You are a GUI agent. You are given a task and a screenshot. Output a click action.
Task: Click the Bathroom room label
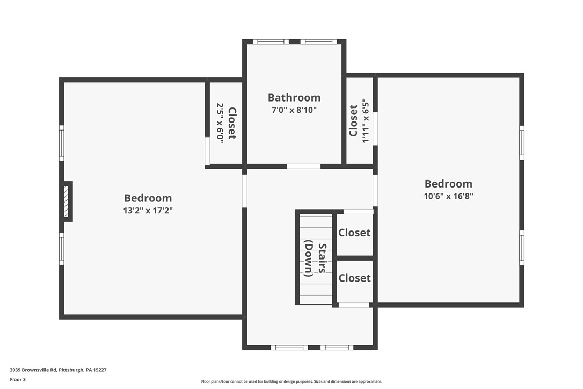(x=294, y=97)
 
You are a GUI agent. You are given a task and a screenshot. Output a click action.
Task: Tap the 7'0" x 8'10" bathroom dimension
(x=294, y=110)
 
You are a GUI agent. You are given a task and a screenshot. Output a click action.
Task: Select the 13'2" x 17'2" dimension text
(x=148, y=211)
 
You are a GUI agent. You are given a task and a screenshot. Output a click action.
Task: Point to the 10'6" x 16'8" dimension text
(x=448, y=196)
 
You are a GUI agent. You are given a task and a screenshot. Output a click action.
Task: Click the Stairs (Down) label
(x=316, y=260)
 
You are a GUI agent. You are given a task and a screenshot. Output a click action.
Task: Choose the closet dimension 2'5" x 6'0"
(x=220, y=122)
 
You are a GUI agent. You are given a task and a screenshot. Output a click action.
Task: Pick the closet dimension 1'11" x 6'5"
(x=366, y=120)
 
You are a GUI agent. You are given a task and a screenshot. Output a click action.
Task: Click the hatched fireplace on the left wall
(x=67, y=201)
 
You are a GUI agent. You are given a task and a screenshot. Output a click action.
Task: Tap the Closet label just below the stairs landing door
(x=354, y=233)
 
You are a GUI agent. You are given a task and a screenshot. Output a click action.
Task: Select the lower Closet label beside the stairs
(x=354, y=278)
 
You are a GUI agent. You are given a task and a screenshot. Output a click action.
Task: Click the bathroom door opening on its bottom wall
(x=303, y=166)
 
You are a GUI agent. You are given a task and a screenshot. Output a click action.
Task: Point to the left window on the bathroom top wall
(x=271, y=41)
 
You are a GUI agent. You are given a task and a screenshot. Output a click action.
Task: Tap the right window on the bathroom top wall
(x=318, y=41)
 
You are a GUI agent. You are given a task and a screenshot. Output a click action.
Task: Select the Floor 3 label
(x=18, y=379)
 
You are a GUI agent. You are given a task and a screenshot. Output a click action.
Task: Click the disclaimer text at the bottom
(x=291, y=381)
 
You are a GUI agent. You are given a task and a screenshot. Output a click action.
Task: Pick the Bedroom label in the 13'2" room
(x=148, y=198)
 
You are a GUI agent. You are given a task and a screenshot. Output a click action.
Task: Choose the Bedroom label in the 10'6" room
(x=448, y=184)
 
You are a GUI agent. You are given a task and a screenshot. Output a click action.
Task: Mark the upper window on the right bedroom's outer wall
(x=521, y=142)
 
